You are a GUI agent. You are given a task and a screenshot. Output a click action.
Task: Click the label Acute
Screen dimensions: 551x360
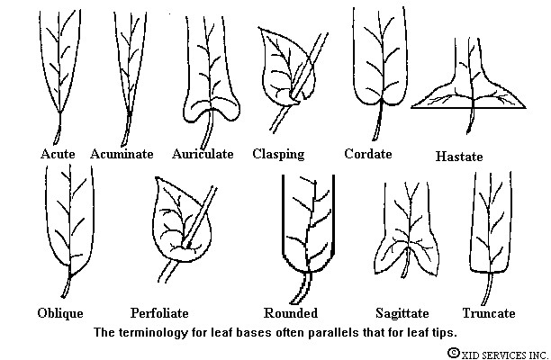58,154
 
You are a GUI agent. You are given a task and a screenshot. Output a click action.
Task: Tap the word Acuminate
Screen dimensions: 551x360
122,154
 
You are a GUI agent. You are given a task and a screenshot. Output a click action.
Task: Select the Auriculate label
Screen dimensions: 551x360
203,154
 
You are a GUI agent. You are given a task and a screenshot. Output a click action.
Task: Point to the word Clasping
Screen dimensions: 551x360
278,154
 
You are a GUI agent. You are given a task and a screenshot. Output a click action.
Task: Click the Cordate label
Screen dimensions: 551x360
368,154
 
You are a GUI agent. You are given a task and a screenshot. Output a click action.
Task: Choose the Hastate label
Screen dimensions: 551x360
459,157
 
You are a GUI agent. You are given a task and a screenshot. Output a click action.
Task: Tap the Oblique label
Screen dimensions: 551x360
60,313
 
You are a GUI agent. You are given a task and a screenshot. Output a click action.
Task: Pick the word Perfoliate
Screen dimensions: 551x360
159,313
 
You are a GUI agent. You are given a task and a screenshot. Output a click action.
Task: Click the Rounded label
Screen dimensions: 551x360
291,313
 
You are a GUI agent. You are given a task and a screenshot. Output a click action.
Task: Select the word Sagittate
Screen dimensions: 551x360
402,313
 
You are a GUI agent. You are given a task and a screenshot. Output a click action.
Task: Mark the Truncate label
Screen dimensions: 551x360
489,313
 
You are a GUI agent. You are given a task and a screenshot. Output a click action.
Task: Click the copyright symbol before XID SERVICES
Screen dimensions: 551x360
454,353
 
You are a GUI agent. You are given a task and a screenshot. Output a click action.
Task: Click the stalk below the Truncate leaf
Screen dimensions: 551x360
487,289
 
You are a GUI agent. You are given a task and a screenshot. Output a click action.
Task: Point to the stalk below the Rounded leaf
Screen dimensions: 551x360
302,288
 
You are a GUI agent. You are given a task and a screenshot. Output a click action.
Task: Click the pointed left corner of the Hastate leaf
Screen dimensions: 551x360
411,107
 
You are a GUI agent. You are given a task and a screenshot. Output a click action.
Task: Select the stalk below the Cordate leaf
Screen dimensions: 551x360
378,120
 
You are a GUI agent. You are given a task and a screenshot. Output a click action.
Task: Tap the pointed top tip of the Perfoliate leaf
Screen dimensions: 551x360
156,178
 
